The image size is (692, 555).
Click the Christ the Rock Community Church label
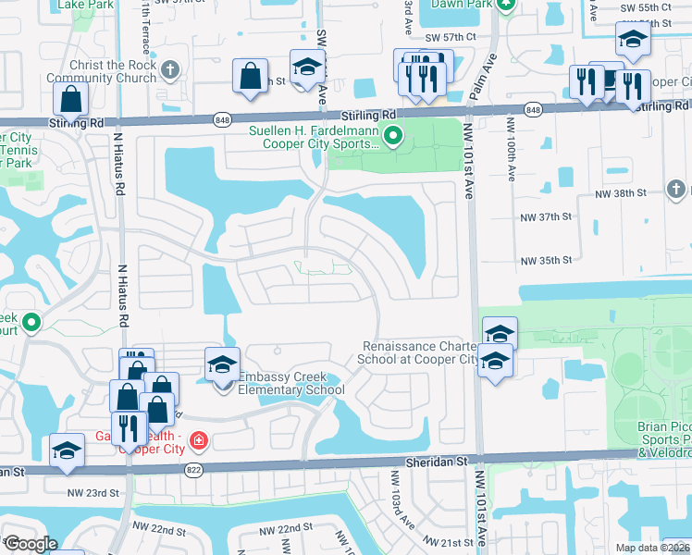101,71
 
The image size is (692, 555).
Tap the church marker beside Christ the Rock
169,69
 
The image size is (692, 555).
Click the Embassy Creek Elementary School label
291,383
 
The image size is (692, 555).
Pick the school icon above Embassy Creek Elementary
222,365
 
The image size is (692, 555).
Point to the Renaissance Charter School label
418,352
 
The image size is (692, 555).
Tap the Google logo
30,543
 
